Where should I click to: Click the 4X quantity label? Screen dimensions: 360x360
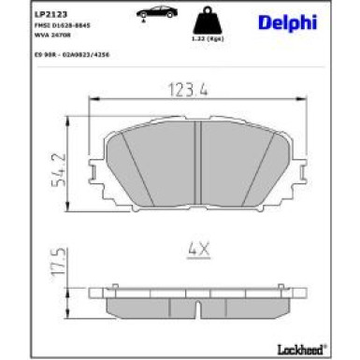tap(197, 250)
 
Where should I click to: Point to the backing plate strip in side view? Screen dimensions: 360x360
tap(197, 291)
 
